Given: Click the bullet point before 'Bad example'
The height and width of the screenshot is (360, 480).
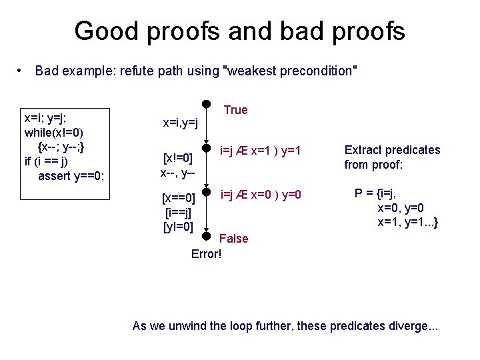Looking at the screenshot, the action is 22,71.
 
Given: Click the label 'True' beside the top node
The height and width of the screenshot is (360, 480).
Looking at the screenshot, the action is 235,110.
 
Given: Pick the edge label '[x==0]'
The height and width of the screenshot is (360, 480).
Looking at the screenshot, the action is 179,198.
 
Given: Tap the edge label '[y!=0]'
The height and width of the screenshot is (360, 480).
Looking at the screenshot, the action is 179,227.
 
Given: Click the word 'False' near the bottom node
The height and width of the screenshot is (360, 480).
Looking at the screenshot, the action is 233,239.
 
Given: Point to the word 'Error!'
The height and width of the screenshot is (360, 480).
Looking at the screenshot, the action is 206,254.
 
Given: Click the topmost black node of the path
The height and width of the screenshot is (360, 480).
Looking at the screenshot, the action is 207,105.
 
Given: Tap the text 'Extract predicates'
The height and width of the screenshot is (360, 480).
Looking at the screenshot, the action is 392,150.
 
